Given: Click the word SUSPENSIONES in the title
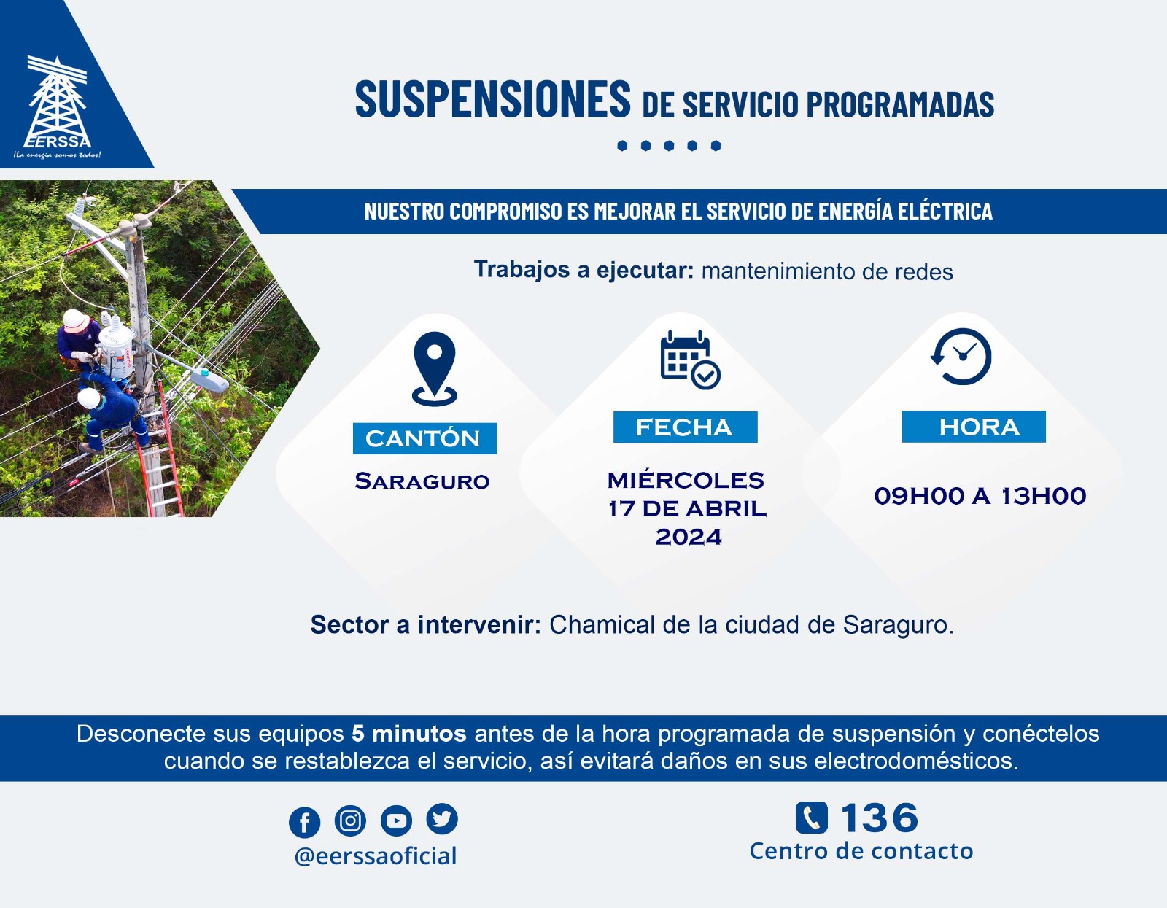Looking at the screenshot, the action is point(492,98).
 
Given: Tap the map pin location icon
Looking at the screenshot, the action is point(435,368).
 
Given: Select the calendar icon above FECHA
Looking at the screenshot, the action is point(690,360).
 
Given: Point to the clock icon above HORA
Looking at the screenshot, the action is point(961,357).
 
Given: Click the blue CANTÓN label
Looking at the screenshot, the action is point(424,438).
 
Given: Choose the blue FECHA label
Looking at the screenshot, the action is point(686,427).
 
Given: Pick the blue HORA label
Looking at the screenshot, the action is point(974,427).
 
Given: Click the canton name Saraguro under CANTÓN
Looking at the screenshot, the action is point(422,481).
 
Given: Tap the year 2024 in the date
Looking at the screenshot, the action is point(689,537).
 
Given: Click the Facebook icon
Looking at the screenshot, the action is point(304,822).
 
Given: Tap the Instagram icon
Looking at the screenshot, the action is point(350,820).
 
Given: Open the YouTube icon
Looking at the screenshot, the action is point(396,820).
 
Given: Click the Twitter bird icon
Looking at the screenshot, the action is point(442,819).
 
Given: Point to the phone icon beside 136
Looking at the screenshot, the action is point(812,818).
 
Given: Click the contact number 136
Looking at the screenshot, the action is point(879,818).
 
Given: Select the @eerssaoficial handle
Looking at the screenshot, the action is point(376,856).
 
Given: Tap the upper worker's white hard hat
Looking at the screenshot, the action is point(75,321).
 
